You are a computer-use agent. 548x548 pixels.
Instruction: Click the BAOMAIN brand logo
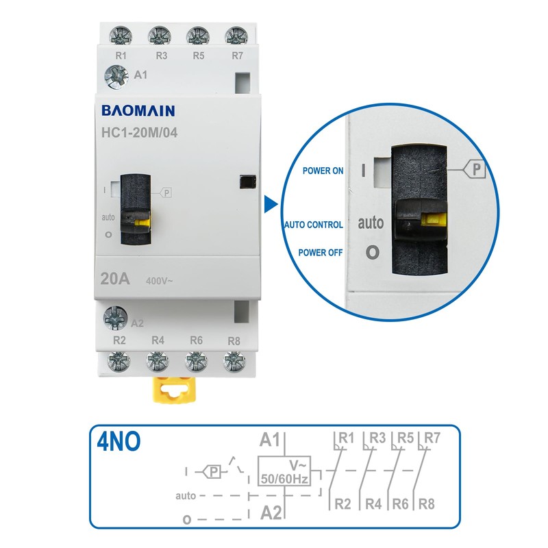pos(138,111)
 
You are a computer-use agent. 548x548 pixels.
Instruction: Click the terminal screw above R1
pos(120,35)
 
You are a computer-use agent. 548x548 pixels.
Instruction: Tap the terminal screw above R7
pos(236,35)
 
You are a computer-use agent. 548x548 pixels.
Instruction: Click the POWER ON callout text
pos(323,171)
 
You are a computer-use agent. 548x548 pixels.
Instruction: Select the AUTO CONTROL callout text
pos(314,224)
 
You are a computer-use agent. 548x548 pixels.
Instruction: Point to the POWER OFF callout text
pos(321,252)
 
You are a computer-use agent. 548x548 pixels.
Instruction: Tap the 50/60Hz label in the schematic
pos(284,479)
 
